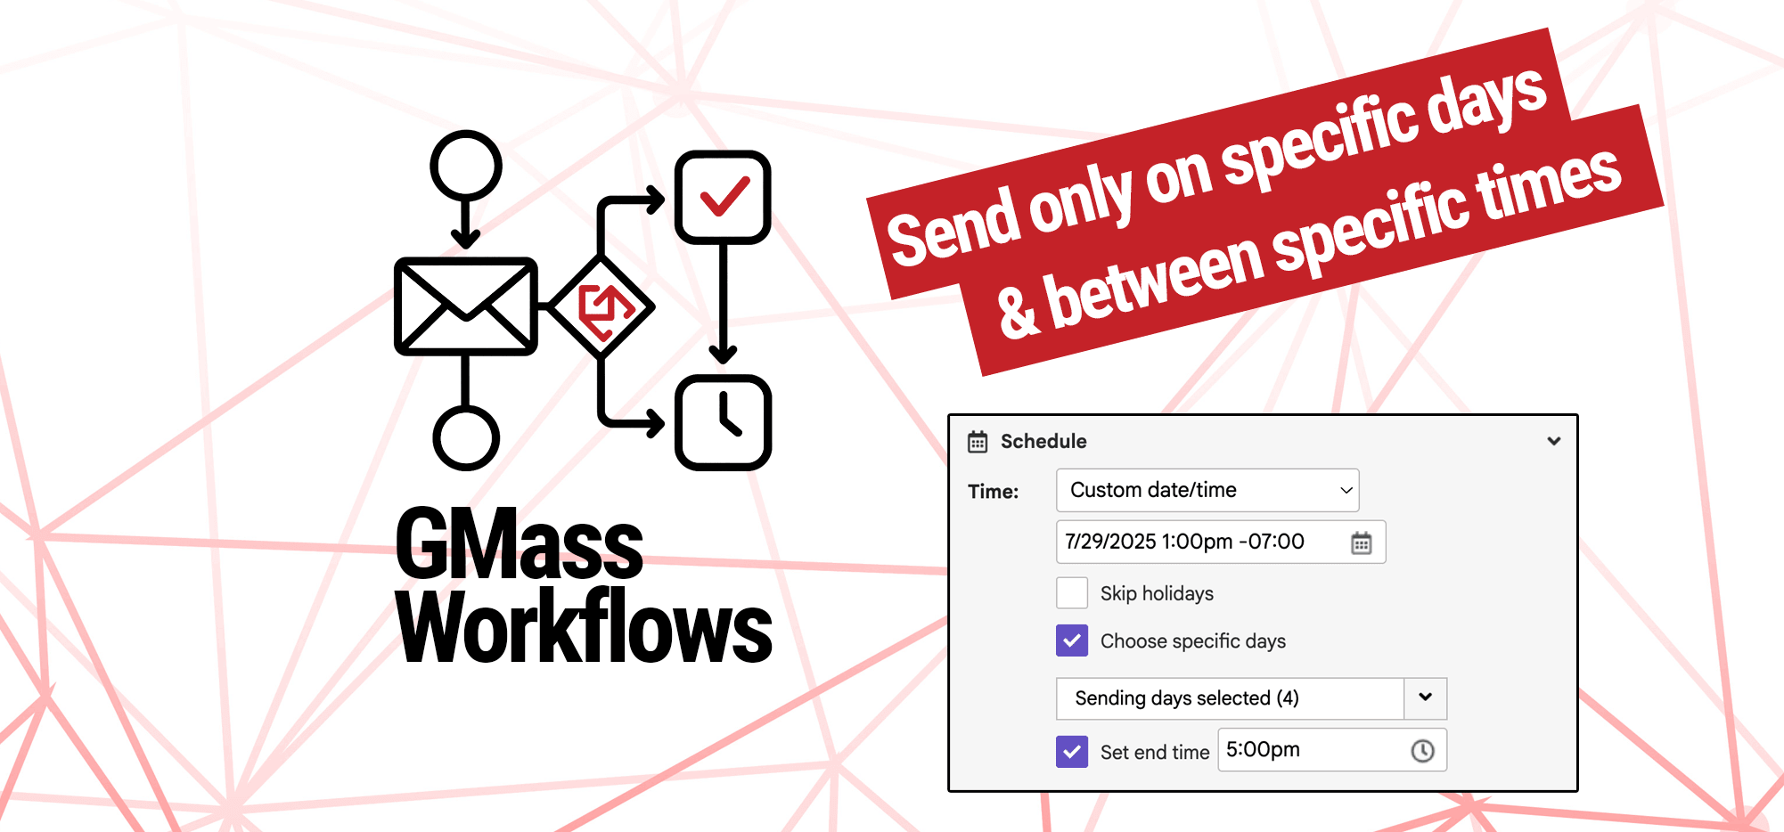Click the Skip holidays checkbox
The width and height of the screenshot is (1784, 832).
pyautogui.click(x=1072, y=592)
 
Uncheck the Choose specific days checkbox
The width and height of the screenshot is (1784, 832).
pyautogui.click(x=1072, y=640)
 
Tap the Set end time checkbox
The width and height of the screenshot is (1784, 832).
pyautogui.click(x=1072, y=751)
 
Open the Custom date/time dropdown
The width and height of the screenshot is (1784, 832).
pyautogui.click(x=1207, y=490)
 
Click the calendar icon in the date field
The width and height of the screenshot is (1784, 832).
pyautogui.click(x=1361, y=542)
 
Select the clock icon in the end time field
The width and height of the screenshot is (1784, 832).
pyautogui.click(x=1423, y=751)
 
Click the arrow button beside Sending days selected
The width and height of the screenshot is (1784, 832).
pyautogui.click(x=1426, y=697)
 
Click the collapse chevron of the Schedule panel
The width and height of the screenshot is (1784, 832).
pyautogui.click(x=1554, y=441)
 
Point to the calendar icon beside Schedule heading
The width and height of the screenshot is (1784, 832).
pyautogui.click(x=978, y=441)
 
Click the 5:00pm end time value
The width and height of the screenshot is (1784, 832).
pyautogui.click(x=1263, y=750)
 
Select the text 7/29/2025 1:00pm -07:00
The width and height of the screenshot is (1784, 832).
pyautogui.click(x=1184, y=542)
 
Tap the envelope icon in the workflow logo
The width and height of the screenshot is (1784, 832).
pyautogui.click(x=466, y=306)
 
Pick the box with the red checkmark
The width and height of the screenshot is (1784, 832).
pyautogui.click(x=723, y=197)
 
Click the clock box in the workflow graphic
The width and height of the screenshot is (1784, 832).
pyautogui.click(x=723, y=422)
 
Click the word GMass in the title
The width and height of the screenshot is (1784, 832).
pyautogui.click(x=519, y=542)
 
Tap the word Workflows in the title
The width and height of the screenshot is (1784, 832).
pyautogui.click(x=584, y=627)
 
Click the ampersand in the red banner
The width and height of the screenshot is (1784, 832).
pyautogui.click(x=1018, y=312)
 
